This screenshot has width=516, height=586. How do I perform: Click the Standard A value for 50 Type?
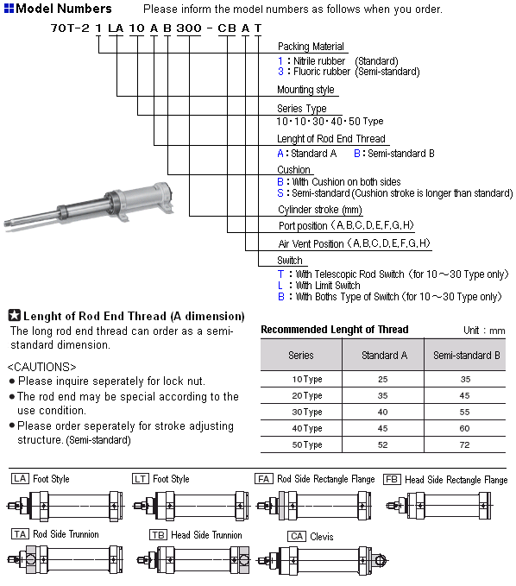(382, 444)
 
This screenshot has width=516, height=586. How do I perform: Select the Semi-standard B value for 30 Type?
(464, 412)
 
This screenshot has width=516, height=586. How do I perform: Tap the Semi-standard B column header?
(466, 355)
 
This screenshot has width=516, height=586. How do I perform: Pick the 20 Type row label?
(307, 395)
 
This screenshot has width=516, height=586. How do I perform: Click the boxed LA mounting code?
(20, 479)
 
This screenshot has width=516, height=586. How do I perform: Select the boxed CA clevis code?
(297, 536)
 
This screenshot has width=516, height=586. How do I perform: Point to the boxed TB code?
(158, 535)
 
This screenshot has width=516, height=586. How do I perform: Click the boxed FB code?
(392, 479)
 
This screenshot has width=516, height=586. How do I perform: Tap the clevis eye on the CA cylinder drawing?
(380, 560)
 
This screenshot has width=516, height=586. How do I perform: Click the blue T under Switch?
(280, 274)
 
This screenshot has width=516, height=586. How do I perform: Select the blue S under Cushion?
(280, 193)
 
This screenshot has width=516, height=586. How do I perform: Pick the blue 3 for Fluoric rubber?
(280, 72)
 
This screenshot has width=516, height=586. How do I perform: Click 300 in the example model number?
(189, 28)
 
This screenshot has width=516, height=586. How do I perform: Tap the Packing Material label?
(311, 47)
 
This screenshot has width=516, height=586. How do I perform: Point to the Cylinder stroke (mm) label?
(320, 210)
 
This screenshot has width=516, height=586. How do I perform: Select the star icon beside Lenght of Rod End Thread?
(14, 315)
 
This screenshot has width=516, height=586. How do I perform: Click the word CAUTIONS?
(41, 367)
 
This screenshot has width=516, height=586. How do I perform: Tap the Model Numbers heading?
(64, 9)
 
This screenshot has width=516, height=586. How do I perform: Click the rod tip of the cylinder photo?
(7, 224)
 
